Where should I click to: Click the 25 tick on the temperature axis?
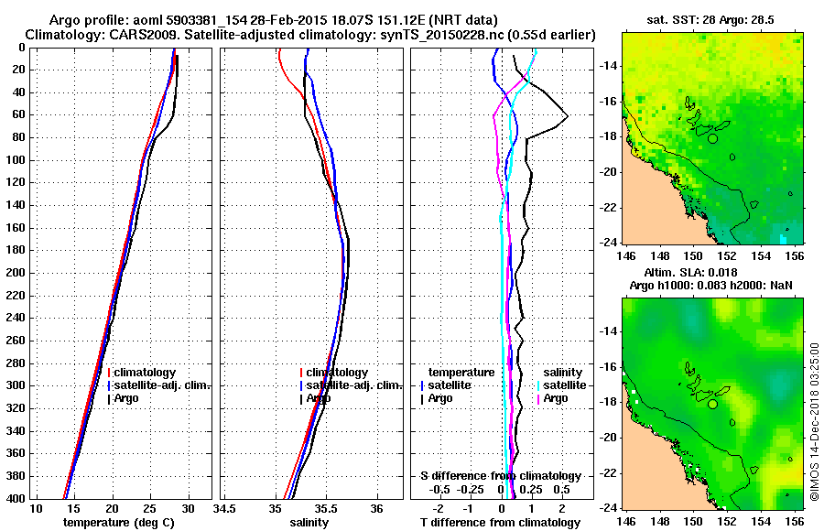coord(150,509)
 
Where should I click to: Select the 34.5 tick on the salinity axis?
coord(225,509)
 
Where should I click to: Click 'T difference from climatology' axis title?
coord(500,522)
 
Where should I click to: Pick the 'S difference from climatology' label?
coord(500,476)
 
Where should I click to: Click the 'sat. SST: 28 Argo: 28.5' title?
coord(703,18)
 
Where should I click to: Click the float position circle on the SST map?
coord(712,138)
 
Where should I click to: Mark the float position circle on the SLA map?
coord(712,403)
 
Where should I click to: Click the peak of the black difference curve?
coord(568,116)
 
